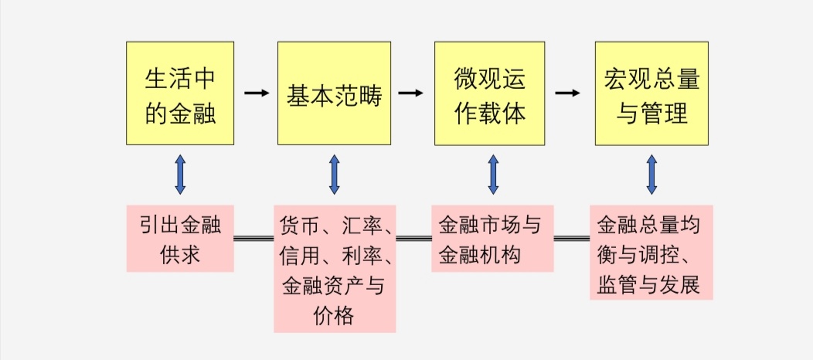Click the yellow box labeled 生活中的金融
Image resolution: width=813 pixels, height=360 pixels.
click(x=180, y=93)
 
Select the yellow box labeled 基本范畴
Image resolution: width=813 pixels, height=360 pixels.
click(x=334, y=93)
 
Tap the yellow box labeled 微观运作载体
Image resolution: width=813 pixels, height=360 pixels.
click(x=489, y=93)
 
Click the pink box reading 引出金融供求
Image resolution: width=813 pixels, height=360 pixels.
click(x=180, y=238)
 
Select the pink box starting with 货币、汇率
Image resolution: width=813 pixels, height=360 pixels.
click(x=335, y=268)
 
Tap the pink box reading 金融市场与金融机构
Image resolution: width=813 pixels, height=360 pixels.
click(x=492, y=238)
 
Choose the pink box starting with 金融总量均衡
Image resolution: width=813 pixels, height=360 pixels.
click(x=650, y=252)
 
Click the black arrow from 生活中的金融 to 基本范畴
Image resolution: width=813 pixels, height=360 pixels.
click(x=257, y=93)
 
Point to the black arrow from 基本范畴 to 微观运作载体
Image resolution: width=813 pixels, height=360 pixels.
click(x=411, y=93)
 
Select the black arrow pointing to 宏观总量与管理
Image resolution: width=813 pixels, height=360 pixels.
click(x=568, y=93)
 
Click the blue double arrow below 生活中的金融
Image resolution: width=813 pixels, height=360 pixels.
click(x=180, y=174)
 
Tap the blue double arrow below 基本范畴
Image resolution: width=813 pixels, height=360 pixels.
click(x=334, y=174)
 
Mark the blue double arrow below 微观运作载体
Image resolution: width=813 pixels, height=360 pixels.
click(x=493, y=174)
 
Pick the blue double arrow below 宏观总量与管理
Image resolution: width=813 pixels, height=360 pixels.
click(x=651, y=174)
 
